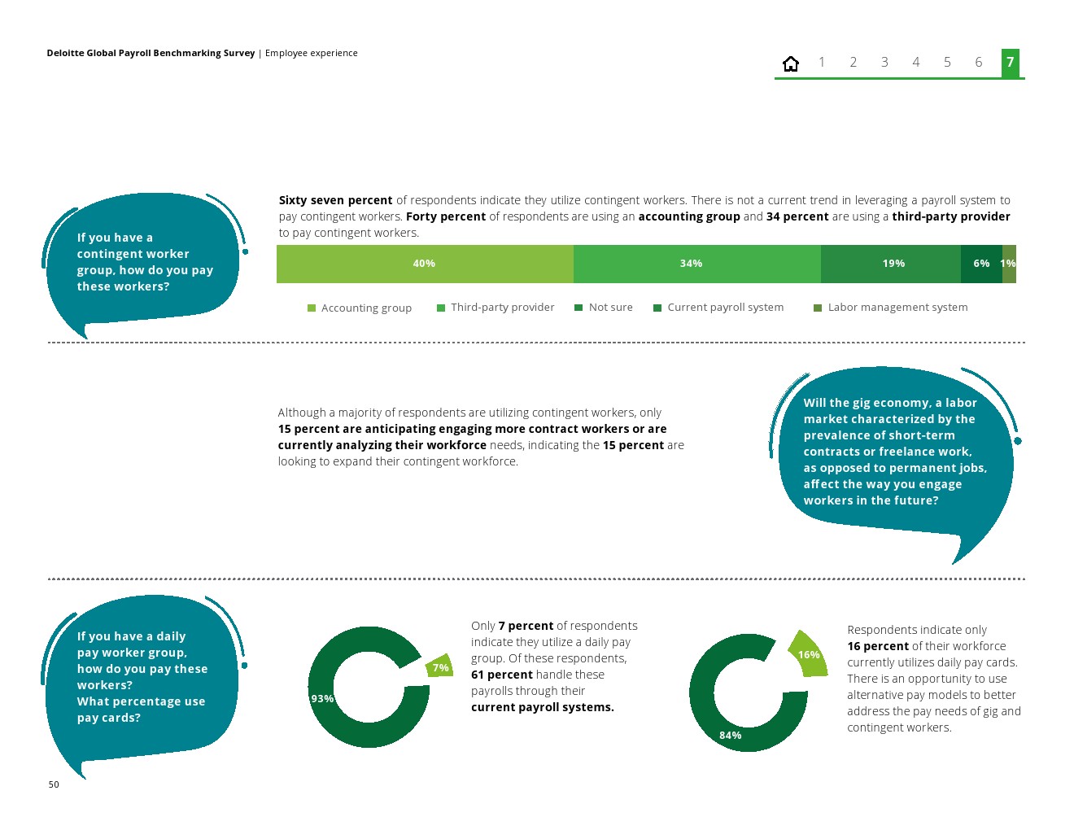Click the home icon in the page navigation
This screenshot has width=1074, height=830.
tap(791, 63)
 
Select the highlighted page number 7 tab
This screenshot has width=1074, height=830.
tap(1010, 63)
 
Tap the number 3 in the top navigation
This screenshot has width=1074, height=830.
tap(884, 63)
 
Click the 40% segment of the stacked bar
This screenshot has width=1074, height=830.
tap(424, 264)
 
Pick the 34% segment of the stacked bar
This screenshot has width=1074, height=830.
tap(691, 264)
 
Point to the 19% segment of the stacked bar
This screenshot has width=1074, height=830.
tap(893, 264)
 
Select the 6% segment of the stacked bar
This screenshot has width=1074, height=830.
tap(981, 264)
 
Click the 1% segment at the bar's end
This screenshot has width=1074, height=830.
tap(1009, 264)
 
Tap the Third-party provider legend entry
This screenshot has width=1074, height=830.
tap(496, 308)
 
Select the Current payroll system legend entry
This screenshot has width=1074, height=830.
tap(718, 308)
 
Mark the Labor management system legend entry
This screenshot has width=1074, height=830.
tap(891, 308)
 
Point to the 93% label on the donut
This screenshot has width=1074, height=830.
tap(322, 699)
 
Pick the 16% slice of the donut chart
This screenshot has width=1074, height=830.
tap(809, 655)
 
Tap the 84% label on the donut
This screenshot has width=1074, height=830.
tap(730, 736)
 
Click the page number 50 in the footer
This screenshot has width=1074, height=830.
tap(54, 784)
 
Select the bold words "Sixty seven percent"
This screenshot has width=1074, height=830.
tap(335, 200)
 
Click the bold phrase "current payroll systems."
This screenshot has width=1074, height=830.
tap(542, 707)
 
